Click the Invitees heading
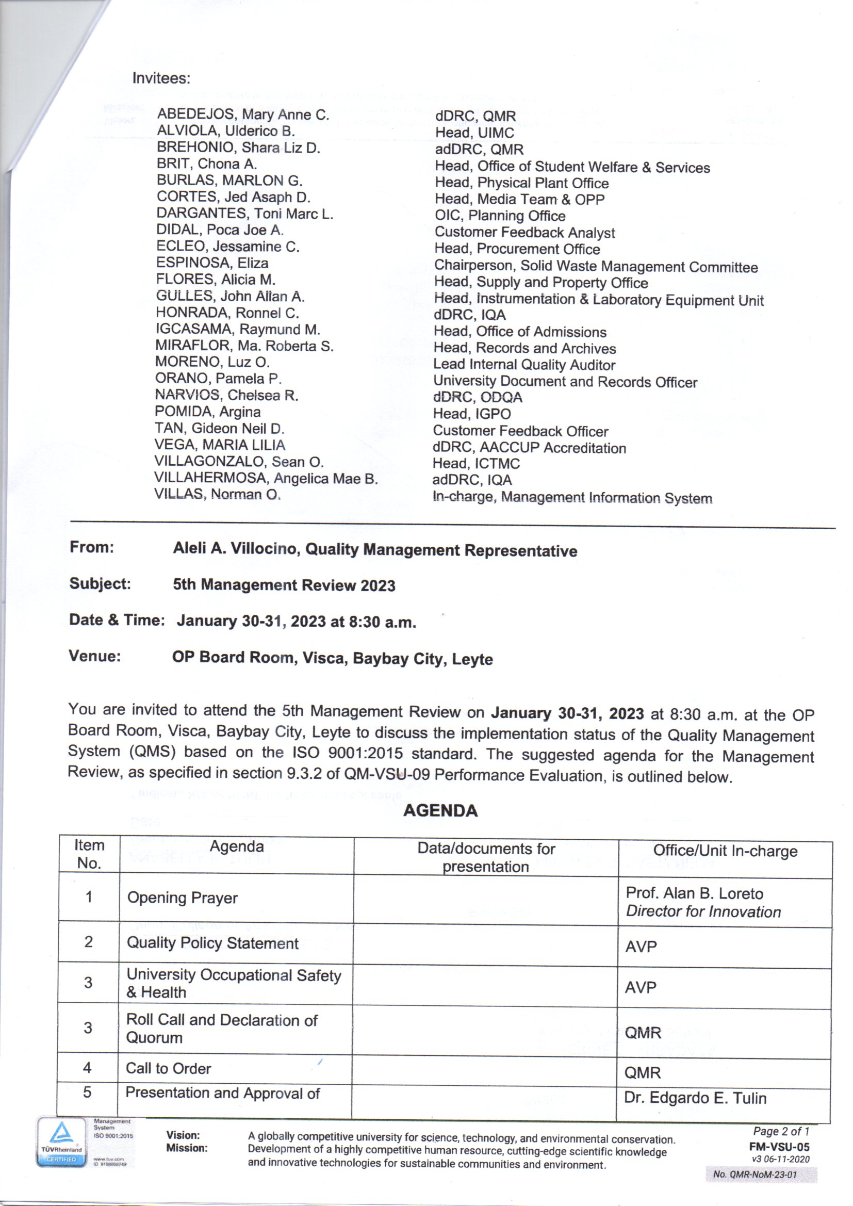161,78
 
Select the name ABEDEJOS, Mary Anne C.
243,115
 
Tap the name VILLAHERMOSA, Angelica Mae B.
266,478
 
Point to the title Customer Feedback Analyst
524,232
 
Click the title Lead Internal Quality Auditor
523,365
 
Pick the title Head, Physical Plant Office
521,183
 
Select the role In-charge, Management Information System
572,497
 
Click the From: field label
92,547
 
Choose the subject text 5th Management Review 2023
284,585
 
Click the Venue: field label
94,656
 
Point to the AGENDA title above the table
440,810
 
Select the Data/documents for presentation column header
486,857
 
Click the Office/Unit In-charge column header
725,851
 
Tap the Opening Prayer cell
182,898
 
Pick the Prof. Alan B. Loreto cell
694,893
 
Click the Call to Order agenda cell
169,1068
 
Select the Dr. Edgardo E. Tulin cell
695,1098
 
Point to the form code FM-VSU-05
779,1147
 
